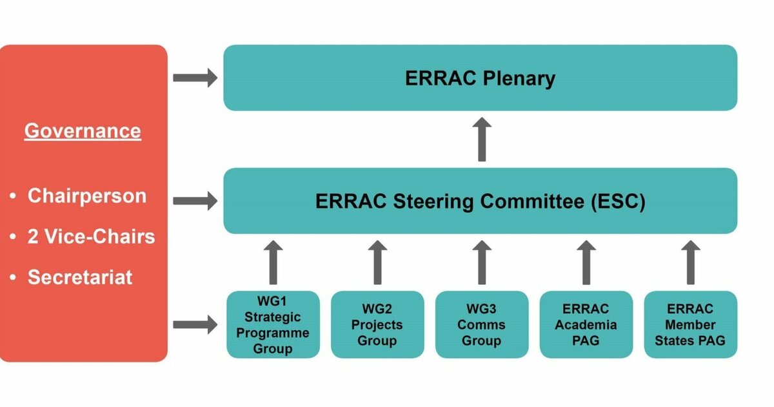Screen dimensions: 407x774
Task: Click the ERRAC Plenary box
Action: point(480,78)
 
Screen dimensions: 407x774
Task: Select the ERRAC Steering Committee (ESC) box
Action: point(480,201)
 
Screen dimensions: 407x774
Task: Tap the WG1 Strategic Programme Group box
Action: point(273,324)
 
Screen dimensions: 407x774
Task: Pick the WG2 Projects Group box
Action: point(377,324)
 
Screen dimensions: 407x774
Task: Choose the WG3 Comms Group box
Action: point(481,324)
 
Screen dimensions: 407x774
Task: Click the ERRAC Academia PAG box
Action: point(586,324)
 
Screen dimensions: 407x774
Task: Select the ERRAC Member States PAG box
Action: point(690,324)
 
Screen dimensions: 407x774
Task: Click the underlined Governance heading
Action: point(83,131)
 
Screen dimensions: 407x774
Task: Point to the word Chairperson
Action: point(86,196)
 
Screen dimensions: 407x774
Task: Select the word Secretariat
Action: point(79,277)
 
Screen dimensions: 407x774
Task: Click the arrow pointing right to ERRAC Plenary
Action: point(195,78)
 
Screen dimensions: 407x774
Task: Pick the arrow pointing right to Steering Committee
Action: point(195,201)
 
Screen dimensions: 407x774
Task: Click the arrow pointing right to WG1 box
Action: point(195,324)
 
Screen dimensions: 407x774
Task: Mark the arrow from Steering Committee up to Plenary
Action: point(481,139)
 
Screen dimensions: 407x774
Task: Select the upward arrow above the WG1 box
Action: point(273,262)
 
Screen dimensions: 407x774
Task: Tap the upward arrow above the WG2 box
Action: point(377,262)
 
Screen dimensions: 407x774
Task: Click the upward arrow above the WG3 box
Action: point(481,262)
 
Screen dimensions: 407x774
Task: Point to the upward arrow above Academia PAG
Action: point(586,262)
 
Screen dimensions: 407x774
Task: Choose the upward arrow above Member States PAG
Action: point(690,262)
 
